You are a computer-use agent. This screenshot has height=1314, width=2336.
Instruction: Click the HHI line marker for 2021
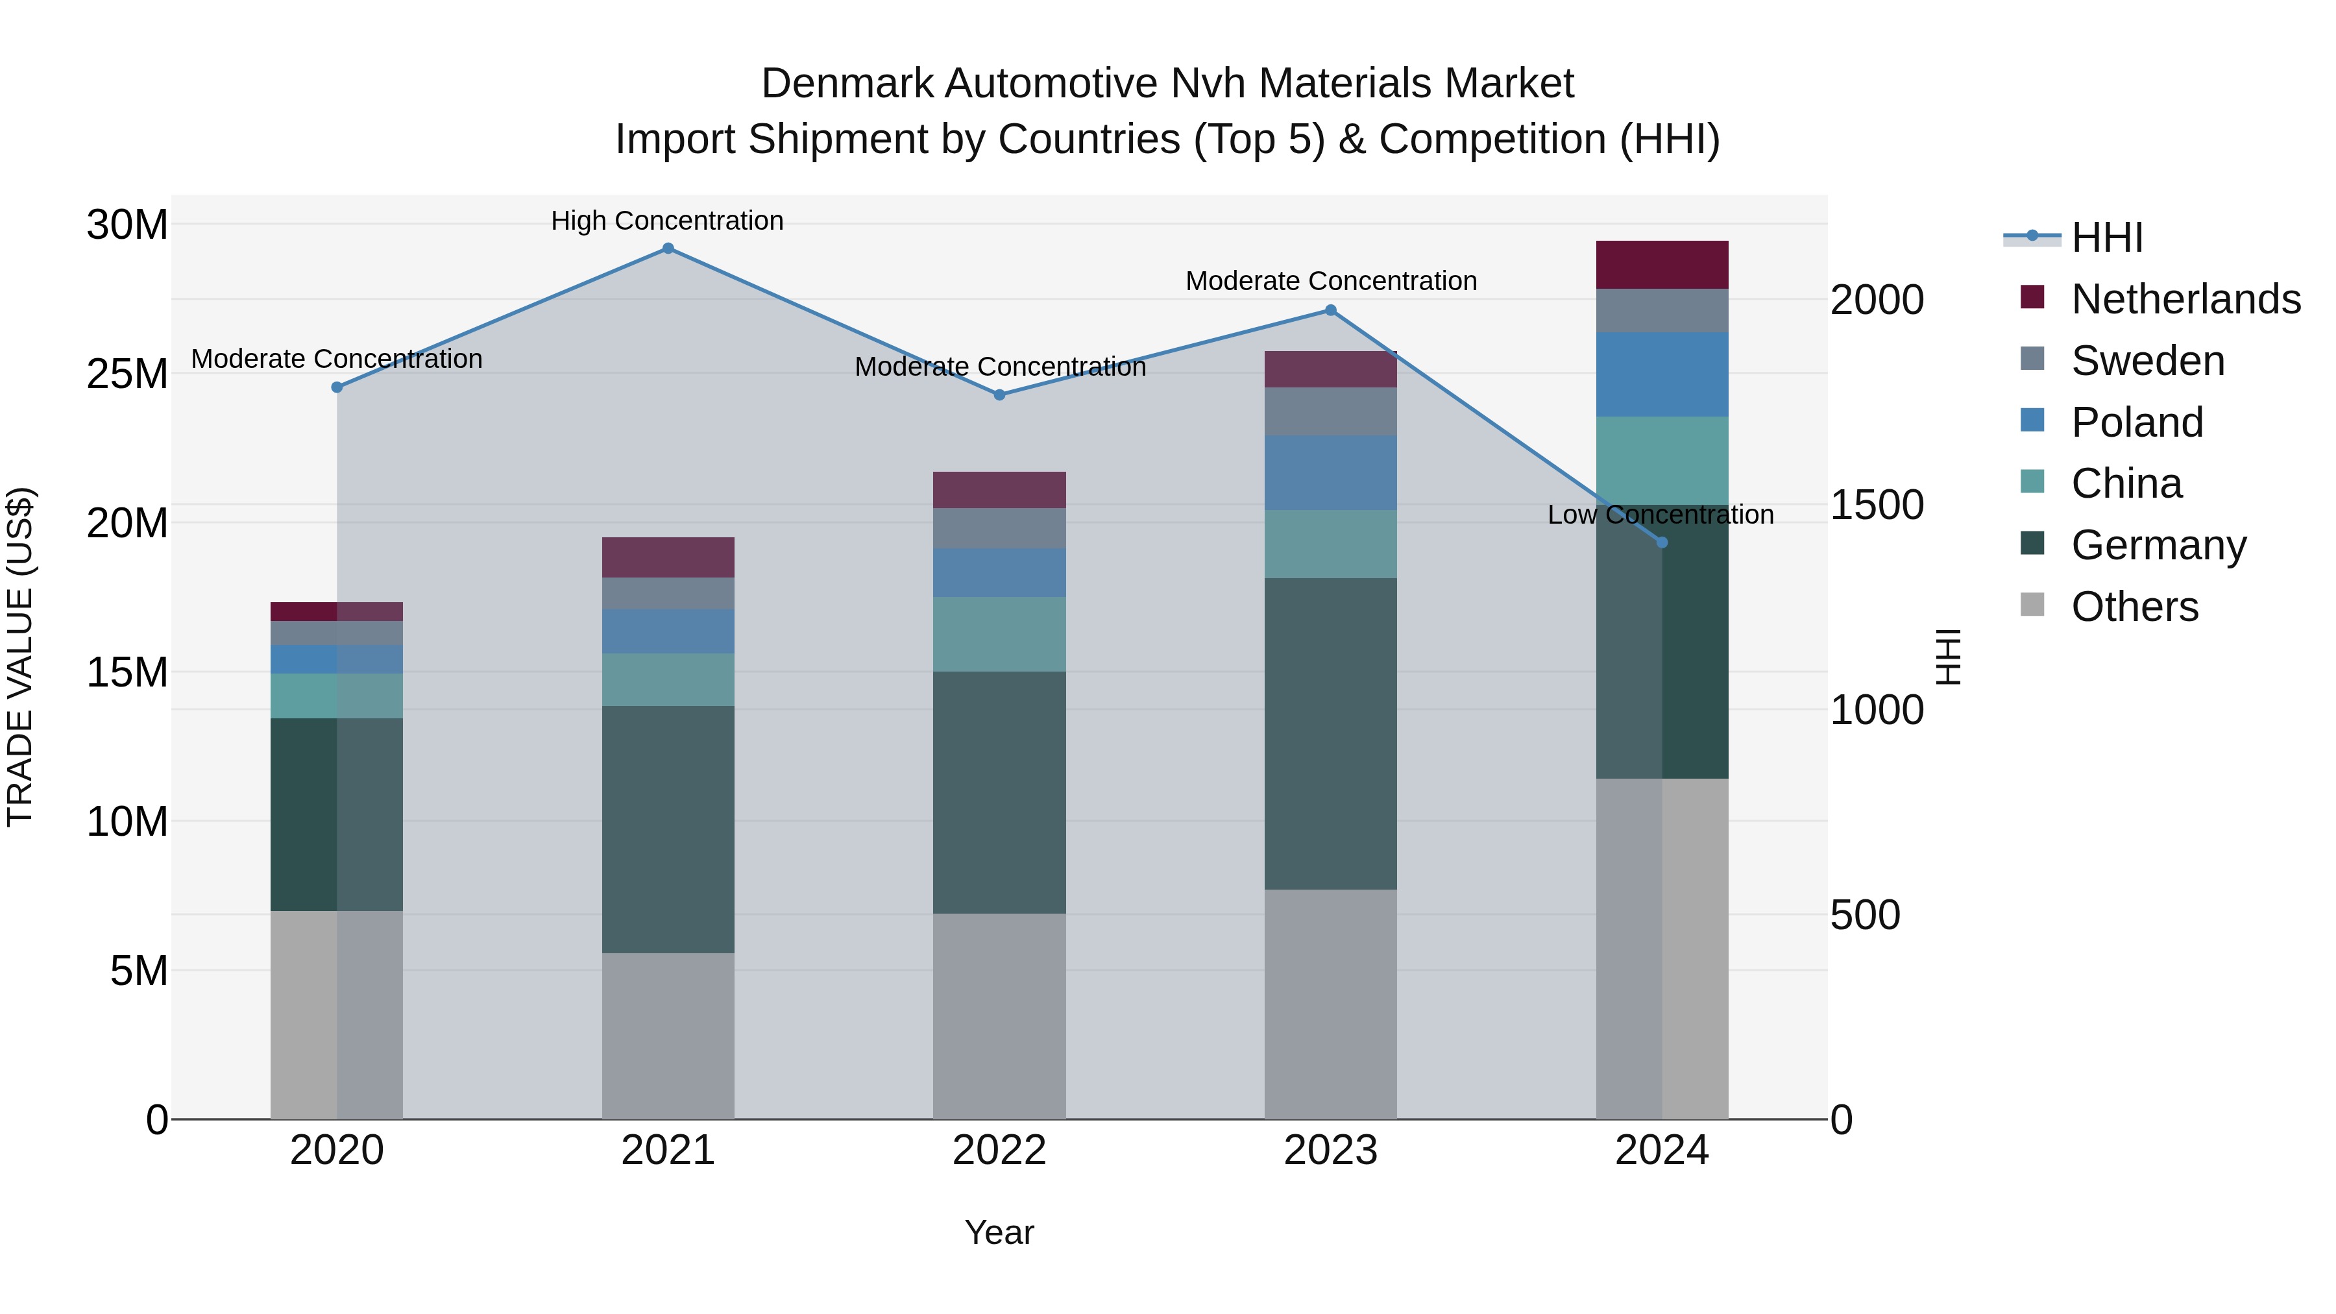tap(668, 249)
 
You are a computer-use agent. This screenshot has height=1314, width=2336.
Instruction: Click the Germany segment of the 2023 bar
tap(1330, 734)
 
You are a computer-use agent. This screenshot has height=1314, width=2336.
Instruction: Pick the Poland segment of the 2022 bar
tap(999, 572)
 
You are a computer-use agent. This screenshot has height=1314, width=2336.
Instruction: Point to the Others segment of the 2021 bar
tap(668, 1036)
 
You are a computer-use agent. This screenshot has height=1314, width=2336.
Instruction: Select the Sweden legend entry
tap(2147, 361)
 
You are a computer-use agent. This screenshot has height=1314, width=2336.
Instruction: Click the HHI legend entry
tap(2106, 237)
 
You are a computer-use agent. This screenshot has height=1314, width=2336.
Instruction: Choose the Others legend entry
tap(2134, 607)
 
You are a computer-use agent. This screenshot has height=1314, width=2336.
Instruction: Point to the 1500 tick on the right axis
tap(1876, 505)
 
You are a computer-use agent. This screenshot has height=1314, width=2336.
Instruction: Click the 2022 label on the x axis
tap(999, 1150)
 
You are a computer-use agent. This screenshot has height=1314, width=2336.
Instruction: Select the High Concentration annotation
tap(668, 221)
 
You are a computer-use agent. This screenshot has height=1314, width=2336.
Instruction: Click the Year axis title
tap(999, 1232)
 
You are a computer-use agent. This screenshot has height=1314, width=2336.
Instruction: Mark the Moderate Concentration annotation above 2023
tap(1330, 281)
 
